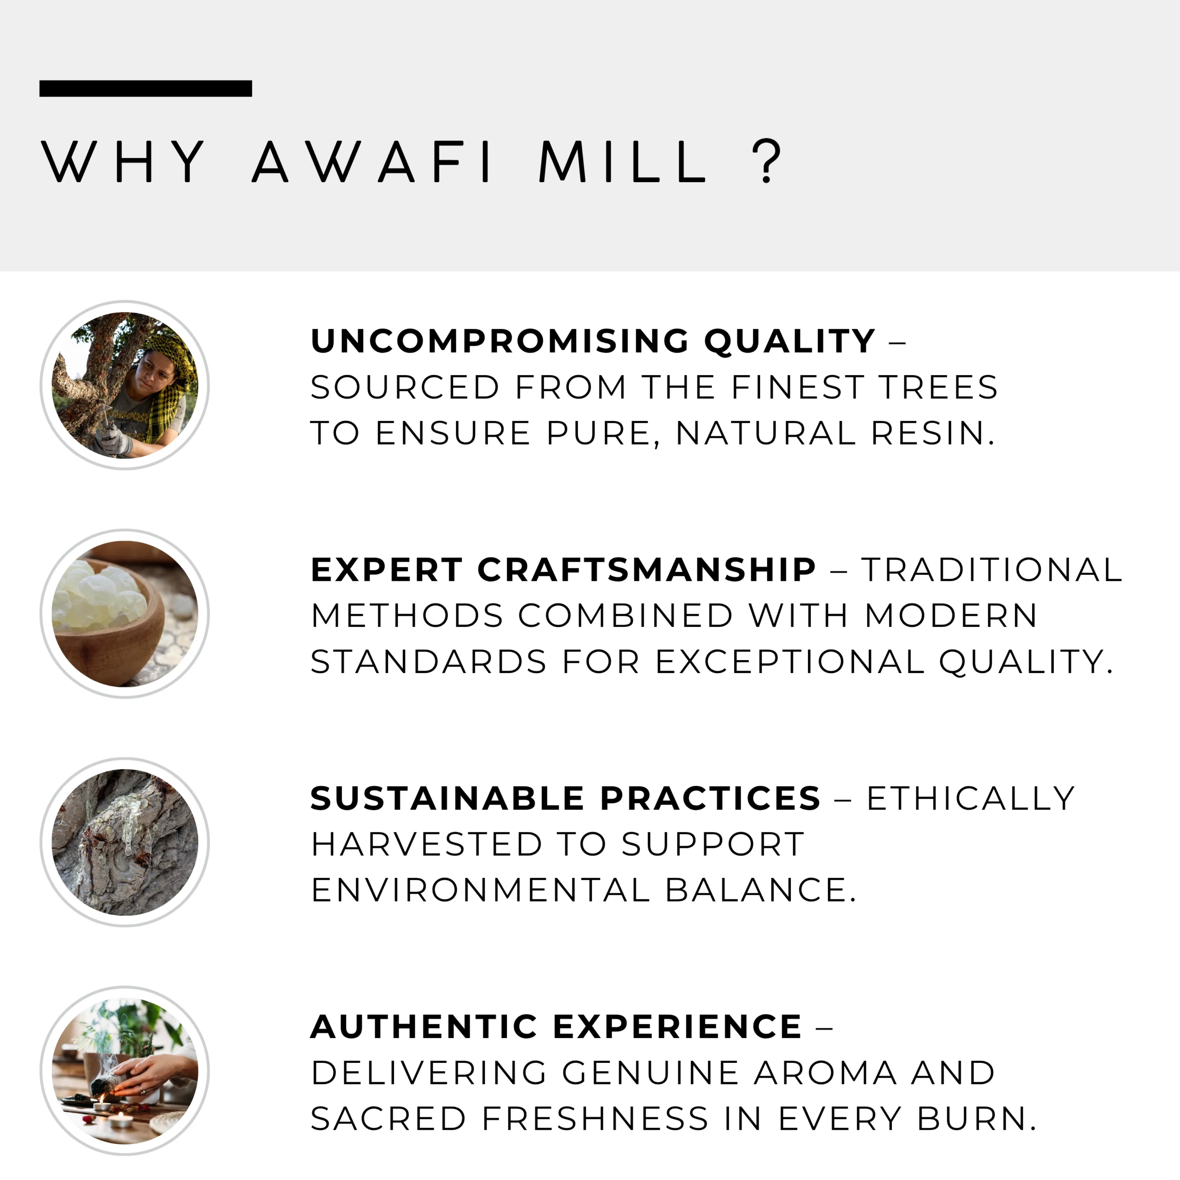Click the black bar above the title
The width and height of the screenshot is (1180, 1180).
pyautogui.click(x=145, y=88)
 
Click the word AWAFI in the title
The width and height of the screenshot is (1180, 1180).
pyautogui.click(x=372, y=161)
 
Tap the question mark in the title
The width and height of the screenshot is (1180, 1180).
pyautogui.click(x=767, y=161)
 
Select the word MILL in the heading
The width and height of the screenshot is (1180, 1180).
pyautogui.click(x=623, y=161)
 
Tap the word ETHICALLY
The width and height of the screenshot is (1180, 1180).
pyautogui.click(x=971, y=798)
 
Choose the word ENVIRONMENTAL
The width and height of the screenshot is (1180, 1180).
pyautogui.click(x=480, y=890)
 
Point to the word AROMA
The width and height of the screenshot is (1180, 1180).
pyautogui.click(x=826, y=1073)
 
